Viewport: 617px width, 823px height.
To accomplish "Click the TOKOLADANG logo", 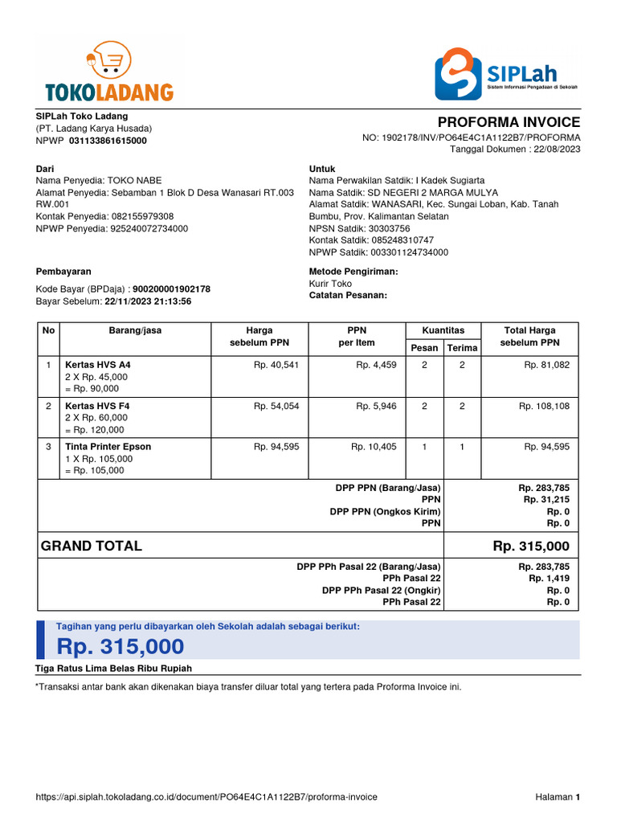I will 108,75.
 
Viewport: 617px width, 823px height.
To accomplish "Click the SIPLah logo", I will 507,74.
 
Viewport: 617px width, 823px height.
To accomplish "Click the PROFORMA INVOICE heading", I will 509,122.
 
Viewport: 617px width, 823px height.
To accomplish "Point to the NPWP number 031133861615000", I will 108,141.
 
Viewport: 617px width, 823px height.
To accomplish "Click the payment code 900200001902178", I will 171,289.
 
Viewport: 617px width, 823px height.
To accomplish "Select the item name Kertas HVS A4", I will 97,365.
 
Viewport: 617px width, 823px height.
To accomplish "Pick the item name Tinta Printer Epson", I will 108,447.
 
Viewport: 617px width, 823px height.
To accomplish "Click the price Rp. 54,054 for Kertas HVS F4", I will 276,406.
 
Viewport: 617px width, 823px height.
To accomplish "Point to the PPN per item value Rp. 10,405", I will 374,447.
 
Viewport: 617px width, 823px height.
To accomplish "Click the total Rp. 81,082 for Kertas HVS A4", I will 546,365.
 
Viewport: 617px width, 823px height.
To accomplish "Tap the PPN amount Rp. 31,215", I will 546,500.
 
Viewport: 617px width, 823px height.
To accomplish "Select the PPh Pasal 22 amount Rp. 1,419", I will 549,579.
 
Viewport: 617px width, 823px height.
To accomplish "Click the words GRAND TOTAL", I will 91,547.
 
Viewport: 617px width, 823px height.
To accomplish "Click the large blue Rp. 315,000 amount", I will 120,646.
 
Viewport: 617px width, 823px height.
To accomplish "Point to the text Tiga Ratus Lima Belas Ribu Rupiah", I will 113,669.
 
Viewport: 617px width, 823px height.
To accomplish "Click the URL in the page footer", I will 206,797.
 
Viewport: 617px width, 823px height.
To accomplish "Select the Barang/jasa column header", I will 135,330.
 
